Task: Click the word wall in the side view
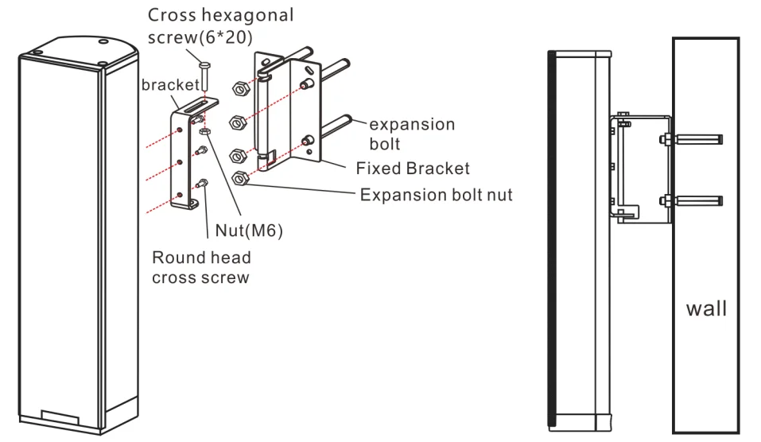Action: (706, 308)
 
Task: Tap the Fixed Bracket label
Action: (412, 169)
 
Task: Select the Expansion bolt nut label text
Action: (436, 195)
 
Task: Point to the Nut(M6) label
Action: (249, 231)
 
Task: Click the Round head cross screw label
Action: (201, 267)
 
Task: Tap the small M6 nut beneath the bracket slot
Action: (205, 130)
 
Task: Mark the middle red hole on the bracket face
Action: (182, 162)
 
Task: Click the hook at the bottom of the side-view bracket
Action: (628, 212)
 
